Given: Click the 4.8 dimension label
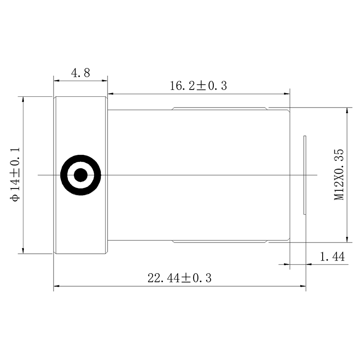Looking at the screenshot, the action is (81, 73).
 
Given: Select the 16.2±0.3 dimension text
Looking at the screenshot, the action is (198, 85).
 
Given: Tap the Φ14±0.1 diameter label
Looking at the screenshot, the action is (15, 174).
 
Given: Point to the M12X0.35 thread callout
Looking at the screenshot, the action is (339, 175).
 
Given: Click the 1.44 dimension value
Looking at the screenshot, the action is (332, 256).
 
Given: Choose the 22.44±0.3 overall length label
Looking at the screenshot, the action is (179, 278).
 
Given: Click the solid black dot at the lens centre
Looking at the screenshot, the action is (81, 175).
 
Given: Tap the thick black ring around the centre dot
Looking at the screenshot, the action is (63, 175).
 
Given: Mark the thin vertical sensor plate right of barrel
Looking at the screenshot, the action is (305, 175).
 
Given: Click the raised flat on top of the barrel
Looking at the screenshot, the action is (220, 108).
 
